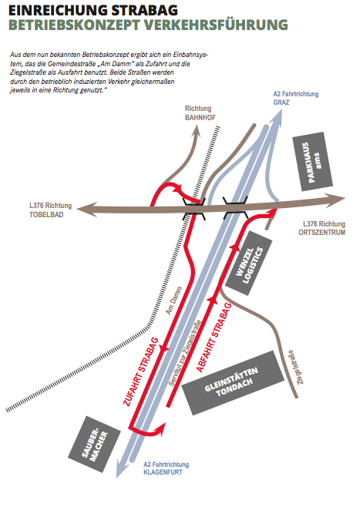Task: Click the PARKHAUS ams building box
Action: (312, 162)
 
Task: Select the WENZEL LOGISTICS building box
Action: (249, 263)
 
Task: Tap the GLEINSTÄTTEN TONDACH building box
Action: (233, 382)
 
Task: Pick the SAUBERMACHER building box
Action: (94, 445)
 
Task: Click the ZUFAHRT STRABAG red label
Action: (140, 371)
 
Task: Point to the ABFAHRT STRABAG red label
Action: (214, 337)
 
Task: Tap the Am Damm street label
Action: (173, 300)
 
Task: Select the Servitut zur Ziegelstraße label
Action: (184, 354)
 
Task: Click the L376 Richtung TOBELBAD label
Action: (50, 210)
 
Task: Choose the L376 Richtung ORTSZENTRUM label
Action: (321, 228)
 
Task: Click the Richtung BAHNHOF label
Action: (200, 113)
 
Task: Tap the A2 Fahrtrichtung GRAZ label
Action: (295, 98)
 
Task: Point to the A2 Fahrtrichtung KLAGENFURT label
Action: (166, 468)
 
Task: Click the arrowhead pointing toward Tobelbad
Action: (86, 210)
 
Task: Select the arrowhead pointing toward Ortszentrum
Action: (335, 199)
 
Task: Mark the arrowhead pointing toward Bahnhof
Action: (197, 130)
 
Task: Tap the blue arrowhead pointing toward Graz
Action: (276, 118)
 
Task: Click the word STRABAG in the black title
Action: (144, 11)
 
